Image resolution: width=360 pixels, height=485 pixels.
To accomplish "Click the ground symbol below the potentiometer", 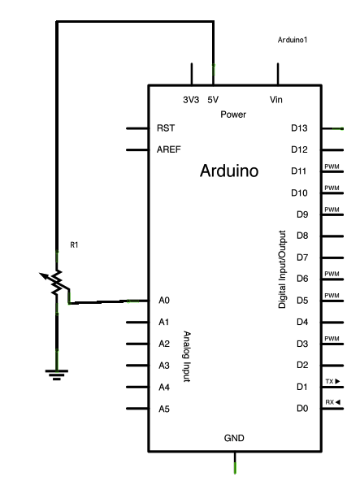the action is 57,375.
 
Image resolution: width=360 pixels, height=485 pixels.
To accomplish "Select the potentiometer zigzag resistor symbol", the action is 57,282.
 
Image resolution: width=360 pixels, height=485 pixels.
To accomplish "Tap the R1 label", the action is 74,245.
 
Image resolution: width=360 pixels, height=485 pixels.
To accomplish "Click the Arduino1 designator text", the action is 293,40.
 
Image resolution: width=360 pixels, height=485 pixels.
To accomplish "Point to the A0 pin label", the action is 164,301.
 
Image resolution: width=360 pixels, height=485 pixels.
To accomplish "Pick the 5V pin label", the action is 213,100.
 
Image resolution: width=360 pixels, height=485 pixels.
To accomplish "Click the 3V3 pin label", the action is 191,100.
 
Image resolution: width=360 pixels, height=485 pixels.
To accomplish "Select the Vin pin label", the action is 275,100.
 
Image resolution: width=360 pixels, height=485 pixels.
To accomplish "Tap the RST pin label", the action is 166,128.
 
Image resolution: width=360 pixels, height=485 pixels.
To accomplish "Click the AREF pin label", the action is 168,149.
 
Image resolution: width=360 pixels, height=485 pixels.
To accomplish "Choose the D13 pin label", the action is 299,128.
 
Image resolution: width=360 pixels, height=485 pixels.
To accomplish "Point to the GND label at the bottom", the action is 234,438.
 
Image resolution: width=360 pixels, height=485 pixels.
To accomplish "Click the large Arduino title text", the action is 229,171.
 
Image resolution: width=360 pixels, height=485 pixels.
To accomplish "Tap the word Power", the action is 233,115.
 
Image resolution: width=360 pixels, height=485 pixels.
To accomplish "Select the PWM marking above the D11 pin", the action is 332,167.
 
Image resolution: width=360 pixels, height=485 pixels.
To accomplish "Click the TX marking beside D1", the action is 332,381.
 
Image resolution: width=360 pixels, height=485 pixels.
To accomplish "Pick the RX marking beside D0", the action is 332,402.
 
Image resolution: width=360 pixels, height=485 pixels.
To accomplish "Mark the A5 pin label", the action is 164,409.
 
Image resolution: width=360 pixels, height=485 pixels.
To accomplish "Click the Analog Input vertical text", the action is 187,357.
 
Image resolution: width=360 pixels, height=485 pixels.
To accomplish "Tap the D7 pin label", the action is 302,258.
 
